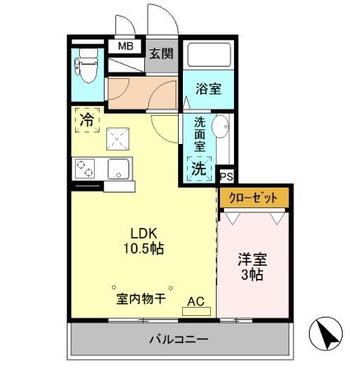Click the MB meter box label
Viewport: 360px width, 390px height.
pyautogui.click(x=126, y=47)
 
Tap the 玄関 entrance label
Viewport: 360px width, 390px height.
pyautogui.click(x=161, y=53)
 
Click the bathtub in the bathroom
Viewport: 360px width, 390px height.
pyautogui.click(x=207, y=55)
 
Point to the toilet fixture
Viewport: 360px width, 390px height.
pyautogui.click(x=86, y=67)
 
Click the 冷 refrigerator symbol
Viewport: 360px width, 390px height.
pyautogui.click(x=86, y=120)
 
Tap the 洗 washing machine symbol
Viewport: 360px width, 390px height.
pyautogui.click(x=199, y=169)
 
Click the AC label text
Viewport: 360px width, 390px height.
pyautogui.click(x=197, y=301)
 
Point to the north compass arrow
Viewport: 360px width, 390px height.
pyautogui.click(x=328, y=334)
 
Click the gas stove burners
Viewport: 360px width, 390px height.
pyautogui.click(x=86, y=169)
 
